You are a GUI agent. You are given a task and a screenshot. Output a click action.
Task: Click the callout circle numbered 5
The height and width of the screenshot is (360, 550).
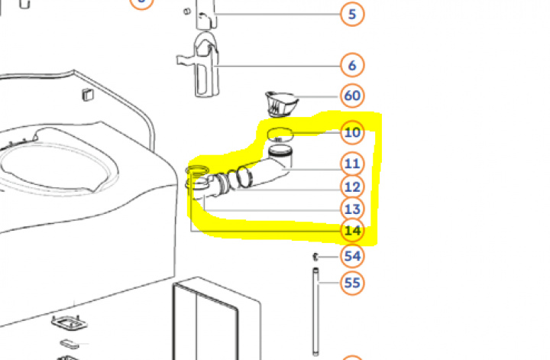point(352,14)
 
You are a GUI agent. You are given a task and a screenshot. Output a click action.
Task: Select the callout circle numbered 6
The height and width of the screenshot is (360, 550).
point(352,65)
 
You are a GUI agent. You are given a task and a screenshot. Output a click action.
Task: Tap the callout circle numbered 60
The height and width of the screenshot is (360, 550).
point(352,96)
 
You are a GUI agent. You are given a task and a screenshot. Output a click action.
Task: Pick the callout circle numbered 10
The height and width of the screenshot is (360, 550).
point(352,133)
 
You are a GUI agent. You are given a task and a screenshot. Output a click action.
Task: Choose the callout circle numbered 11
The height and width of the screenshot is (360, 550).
point(352,164)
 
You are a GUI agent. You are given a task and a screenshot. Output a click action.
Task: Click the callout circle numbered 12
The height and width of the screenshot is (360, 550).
point(352,186)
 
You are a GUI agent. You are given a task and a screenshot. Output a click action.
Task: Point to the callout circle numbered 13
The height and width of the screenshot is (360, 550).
point(352,209)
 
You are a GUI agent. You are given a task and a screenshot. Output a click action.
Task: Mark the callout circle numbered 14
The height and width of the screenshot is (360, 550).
point(352,231)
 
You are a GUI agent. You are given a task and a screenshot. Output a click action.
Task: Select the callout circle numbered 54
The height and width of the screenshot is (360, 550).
point(352,256)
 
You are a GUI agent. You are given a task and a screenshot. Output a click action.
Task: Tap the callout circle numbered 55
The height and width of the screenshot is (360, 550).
point(352,283)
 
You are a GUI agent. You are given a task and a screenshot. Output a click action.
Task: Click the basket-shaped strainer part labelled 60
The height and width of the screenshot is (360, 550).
point(281,104)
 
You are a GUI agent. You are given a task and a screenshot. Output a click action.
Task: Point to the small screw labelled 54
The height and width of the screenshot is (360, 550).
point(315,257)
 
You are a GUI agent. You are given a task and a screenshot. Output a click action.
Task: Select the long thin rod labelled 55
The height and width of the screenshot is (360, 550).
point(315,312)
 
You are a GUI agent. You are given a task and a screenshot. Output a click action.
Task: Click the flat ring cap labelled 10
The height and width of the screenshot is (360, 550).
point(280,135)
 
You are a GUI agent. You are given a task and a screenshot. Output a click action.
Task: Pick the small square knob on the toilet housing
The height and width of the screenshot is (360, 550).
point(88,95)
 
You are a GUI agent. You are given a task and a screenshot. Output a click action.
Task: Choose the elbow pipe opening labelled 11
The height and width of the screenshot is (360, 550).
point(280,151)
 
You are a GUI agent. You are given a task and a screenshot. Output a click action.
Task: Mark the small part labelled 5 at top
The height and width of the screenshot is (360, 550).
point(205,15)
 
